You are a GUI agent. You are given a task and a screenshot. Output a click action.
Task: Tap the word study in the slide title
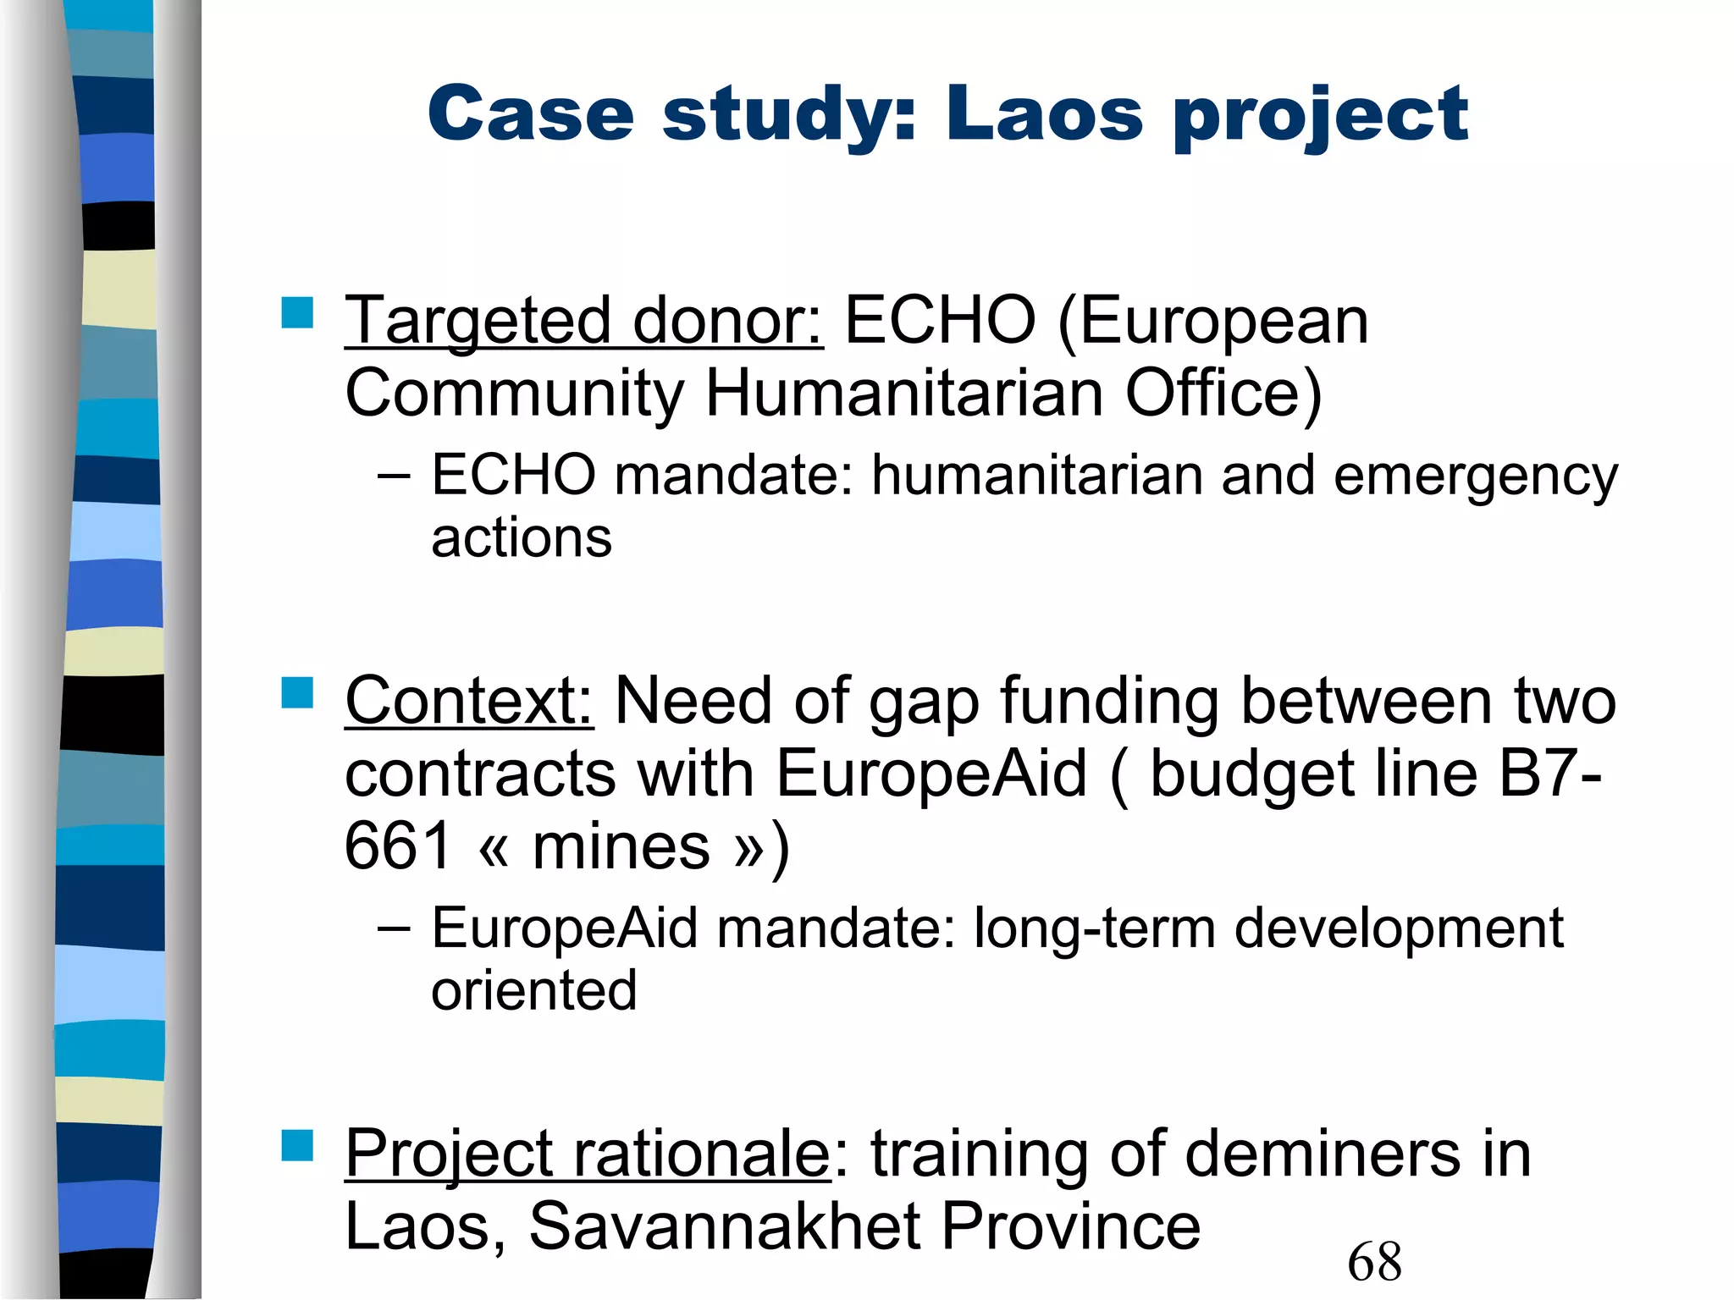[789, 116]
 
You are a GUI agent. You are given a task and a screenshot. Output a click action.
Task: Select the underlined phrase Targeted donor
[583, 321]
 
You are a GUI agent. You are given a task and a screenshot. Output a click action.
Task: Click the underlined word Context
[469, 701]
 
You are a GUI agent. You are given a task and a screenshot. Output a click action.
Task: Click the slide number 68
[1374, 1261]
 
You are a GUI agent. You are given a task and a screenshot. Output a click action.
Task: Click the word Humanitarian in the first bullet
[903, 394]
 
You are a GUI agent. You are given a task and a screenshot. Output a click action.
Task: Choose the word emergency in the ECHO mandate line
[1475, 476]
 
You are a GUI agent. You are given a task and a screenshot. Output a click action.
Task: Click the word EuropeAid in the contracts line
[931, 774]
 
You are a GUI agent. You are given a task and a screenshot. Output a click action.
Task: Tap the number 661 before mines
[397, 846]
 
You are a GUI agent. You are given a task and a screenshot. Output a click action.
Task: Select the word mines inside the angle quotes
[621, 846]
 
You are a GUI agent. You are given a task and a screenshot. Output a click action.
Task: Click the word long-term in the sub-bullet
[1094, 928]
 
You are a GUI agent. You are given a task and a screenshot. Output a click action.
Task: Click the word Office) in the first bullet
[1223, 394]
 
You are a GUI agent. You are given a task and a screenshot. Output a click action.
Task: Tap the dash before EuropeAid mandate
[394, 928]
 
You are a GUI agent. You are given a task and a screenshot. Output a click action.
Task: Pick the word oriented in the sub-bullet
[533, 990]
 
